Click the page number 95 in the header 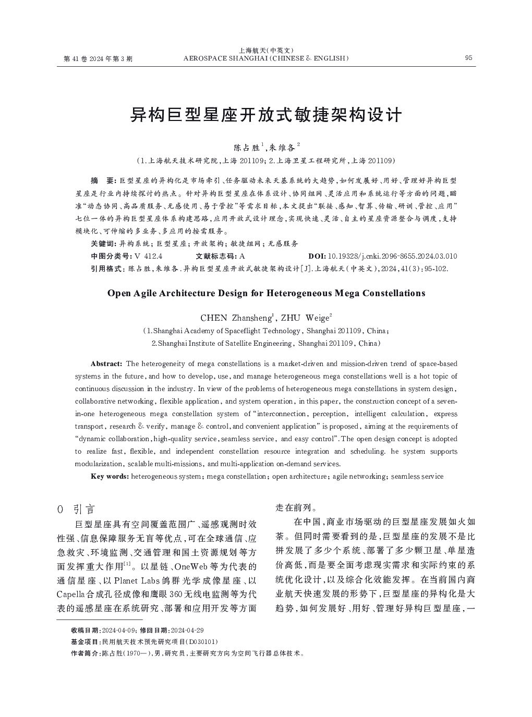(x=468, y=58)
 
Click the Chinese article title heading (x=266, y=115)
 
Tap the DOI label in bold (x=317, y=256)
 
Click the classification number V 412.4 (x=149, y=256)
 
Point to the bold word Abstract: (x=106, y=363)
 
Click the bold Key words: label (x=110, y=476)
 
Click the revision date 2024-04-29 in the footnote (x=187, y=630)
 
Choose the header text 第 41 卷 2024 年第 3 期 (x=98, y=59)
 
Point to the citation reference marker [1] (x=127, y=564)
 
